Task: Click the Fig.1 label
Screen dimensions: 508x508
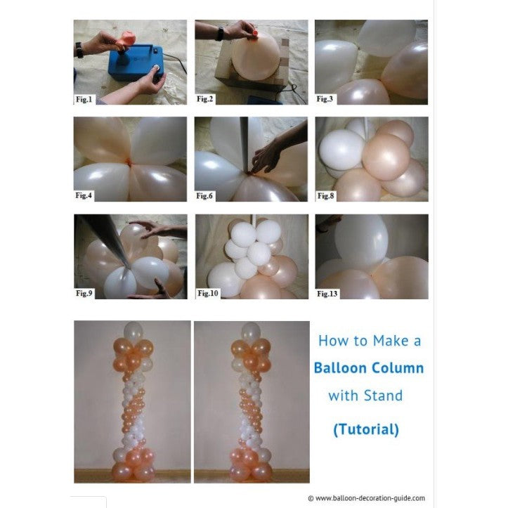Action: pyautogui.click(x=84, y=100)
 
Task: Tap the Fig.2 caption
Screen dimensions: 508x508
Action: pyautogui.click(x=204, y=99)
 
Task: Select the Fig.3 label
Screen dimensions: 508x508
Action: pyautogui.click(x=325, y=99)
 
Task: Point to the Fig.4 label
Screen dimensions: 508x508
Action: pyautogui.click(x=84, y=195)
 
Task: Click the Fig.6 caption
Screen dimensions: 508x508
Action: pyautogui.click(x=204, y=196)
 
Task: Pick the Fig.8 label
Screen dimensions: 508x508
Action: pyautogui.click(x=325, y=196)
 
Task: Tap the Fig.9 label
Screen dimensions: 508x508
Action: pyautogui.click(x=84, y=293)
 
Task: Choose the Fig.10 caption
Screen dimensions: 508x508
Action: pyautogui.click(x=208, y=293)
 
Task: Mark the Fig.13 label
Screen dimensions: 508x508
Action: pyautogui.click(x=327, y=294)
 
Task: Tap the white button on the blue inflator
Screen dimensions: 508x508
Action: pyautogui.click(x=156, y=67)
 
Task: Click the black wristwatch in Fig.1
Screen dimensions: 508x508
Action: pyautogui.click(x=79, y=50)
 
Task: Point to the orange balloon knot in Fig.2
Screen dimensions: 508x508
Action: pyautogui.click(x=255, y=33)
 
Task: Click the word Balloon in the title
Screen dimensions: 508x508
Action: pyautogui.click(x=339, y=368)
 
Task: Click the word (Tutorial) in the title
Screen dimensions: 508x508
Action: pyautogui.click(x=366, y=429)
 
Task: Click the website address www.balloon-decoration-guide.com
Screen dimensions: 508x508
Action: pyautogui.click(x=370, y=498)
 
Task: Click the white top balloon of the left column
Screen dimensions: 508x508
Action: pyautogui.click(x=133, y=331)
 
